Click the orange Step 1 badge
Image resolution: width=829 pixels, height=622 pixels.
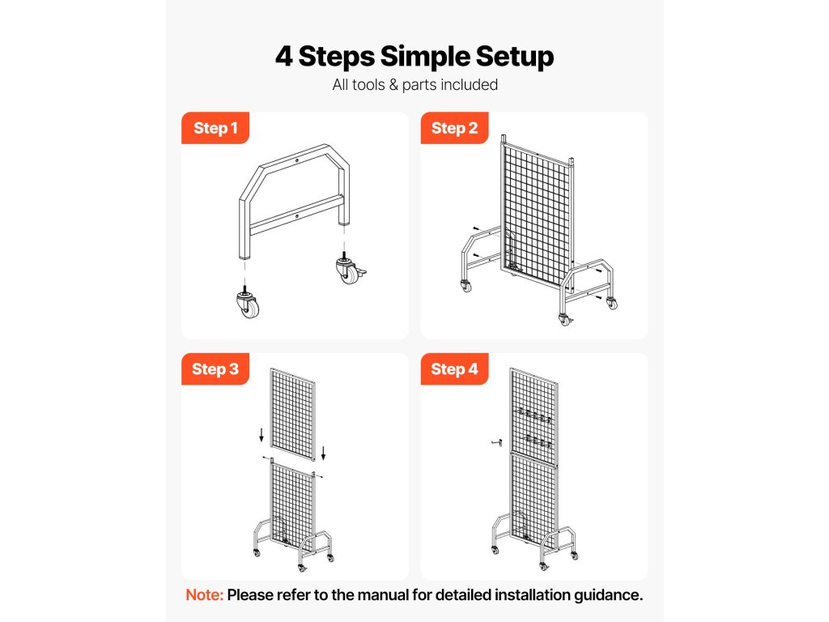tap(215, 128)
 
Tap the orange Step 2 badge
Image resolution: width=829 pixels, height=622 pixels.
tap(455, 128)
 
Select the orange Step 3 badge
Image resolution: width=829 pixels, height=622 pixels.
tap(215, 369)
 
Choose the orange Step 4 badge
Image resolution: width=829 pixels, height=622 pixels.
tap(455, 369)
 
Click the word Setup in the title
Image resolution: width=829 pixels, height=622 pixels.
tap(514, 58)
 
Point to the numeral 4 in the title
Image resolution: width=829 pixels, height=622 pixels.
tap(284, 56)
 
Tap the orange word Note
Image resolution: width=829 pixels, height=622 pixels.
tap(205, 595)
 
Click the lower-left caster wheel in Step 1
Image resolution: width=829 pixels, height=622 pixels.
tap(248, 303)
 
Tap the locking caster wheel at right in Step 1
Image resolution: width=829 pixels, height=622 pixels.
tap(350, 269)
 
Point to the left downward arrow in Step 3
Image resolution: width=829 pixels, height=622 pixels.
tap(261, 435)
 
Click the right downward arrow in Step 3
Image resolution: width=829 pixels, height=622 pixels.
tap(323, 453)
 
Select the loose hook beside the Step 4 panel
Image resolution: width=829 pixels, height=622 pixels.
tap(496, 442)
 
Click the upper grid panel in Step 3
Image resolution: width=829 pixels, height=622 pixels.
tap(293, 415)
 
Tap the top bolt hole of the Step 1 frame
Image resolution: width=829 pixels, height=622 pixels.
tap(297, 160)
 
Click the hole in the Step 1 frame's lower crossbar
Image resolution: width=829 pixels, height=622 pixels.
tap(297, 216)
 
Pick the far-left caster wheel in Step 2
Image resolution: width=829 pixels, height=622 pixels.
tap(466, 286)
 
